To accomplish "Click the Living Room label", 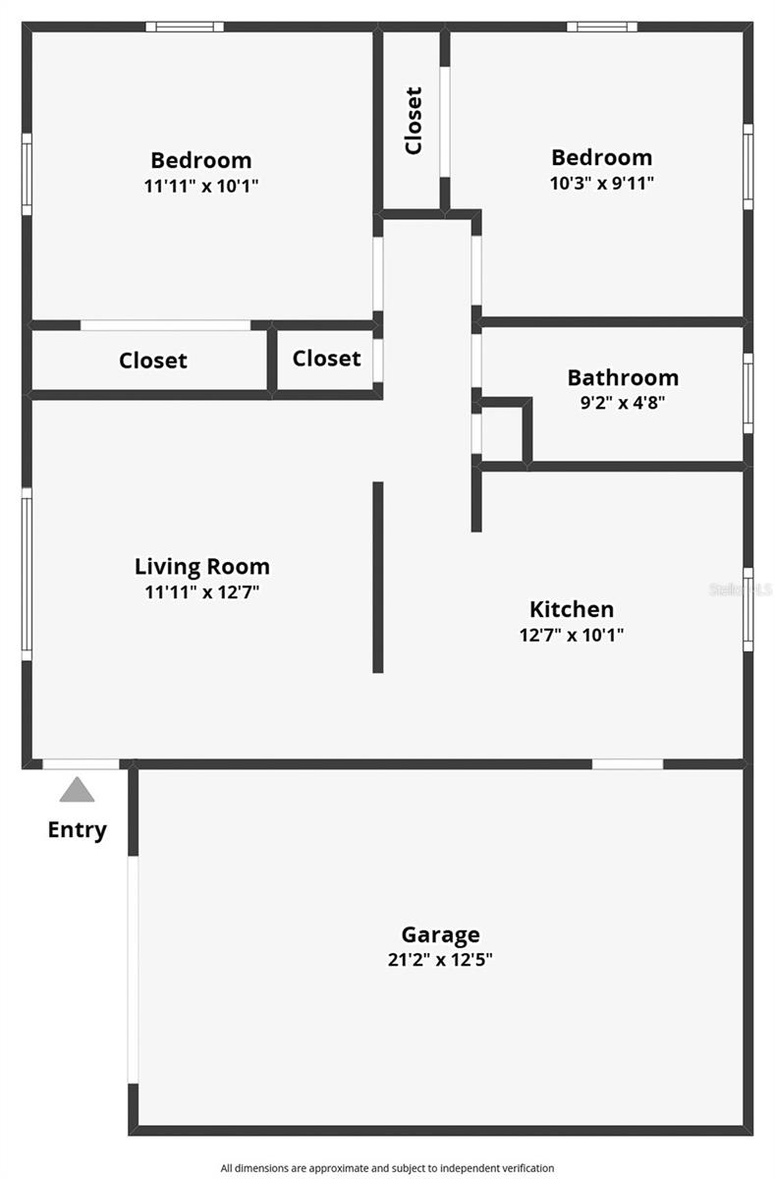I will point(201,567).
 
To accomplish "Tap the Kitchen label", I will point(572,609).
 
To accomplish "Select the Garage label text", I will point(440,934).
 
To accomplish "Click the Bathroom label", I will point(623,377).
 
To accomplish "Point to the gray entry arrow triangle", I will point(77,790).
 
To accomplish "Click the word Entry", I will point(77,829).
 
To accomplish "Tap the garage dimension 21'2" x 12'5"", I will point(440,960).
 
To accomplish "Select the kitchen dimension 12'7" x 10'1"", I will point(572,635).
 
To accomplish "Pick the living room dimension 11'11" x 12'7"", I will point(201,591).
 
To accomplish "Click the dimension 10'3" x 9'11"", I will point(601,182).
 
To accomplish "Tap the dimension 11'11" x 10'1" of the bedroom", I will point(200,185).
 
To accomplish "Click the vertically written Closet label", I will point(414,120).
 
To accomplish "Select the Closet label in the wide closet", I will point(152,361).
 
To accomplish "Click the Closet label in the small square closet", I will point(326,359).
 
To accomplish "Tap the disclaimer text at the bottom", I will point(387,1168).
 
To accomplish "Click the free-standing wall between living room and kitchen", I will point(378,577).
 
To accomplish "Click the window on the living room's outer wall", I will point(27,574).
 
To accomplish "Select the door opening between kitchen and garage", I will point(627,763).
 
